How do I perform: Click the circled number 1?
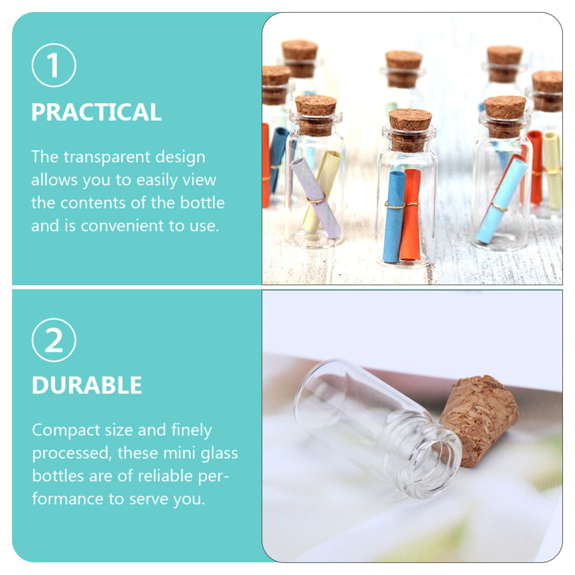pyautogui.click(x=54, y=66)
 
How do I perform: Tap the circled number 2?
pyautogui.click(x=54, y=340)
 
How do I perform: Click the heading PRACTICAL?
pyautogui.click(x=97, y=112)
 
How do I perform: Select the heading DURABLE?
pyautogui.click(x=87, y=385)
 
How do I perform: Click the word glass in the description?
pyautogui.click(x=219, y=454)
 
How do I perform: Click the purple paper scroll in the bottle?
pyautogui.click(x=316, y=198)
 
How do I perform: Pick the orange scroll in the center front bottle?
pyautogui.click(x=411, y=215)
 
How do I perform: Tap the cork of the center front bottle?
pyautogui.click(x=410, y=130)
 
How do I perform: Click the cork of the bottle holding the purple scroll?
pyautogui.click(x=316, y=115)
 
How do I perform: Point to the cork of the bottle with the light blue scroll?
pyautogui.click(x=505, y=116)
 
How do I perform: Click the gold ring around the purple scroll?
pyautogui.click(x=316, y=199)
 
